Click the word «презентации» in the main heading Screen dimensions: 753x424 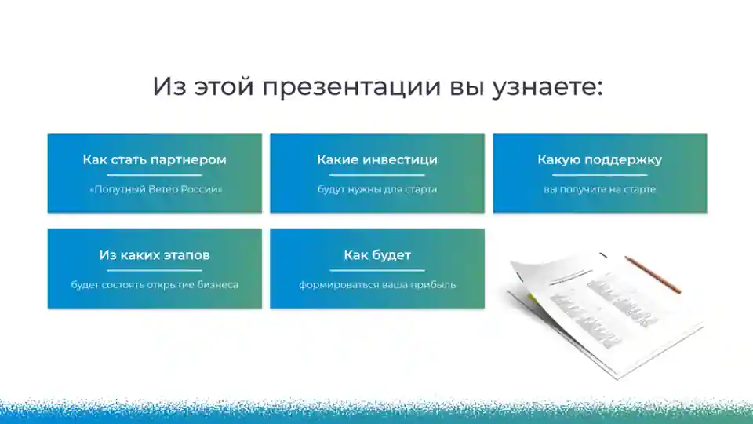[x=351, y=88]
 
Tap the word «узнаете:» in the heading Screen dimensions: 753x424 [x=547, y=88]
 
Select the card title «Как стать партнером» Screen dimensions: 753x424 [x=155, y=159]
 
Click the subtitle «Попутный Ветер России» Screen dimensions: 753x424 [x=155, y=189]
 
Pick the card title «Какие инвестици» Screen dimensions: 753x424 [x=377, y=159]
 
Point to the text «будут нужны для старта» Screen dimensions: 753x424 [x=377, y=189]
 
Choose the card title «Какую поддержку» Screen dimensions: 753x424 [x=600, y=159]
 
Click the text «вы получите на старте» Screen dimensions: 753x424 [x=600, y=189]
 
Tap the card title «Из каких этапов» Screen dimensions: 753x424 [x=155, y=254]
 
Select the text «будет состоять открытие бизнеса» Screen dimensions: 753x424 [x=155, y=284]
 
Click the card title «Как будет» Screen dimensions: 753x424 [x=377, y=254]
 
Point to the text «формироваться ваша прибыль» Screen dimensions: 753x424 [x=377, y=284]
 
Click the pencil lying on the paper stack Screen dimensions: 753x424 [x=653, y=275]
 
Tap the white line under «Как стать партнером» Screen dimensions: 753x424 [x=155, y=175]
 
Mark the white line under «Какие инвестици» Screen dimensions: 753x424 [x=377, y=175]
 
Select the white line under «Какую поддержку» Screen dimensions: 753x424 [x=600, y=175]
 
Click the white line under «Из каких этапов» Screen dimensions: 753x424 [x=155, y=271]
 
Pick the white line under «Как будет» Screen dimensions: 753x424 [x=377, y=271]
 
